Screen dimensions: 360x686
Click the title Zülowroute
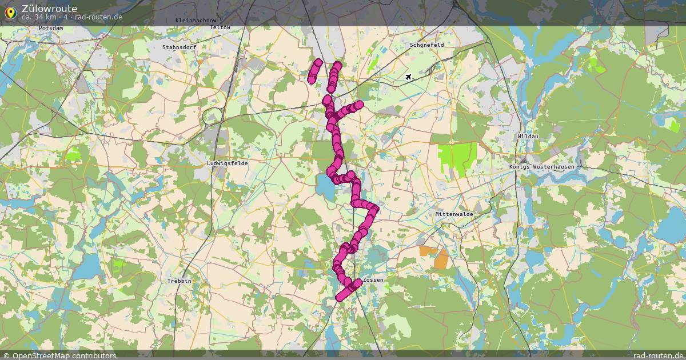[49, 8]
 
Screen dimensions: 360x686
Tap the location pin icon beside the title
[10, 11]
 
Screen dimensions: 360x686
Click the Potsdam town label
[50, 28]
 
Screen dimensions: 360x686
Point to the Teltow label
[220, 27]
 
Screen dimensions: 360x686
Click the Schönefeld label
[427, 45]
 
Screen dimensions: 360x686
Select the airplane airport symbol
[408, 77]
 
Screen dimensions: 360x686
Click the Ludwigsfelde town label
[228, 163]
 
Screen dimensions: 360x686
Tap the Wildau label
[528, 137]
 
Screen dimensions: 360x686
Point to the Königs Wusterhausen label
[541, 166]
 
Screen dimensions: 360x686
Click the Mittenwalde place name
[454, 214]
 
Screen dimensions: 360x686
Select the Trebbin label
[179, 281]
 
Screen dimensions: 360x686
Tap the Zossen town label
[373, 280]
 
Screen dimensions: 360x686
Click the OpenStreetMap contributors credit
[59, 355]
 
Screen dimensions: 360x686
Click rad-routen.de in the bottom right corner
[659, 355]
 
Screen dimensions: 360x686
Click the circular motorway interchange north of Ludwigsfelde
[212, 116]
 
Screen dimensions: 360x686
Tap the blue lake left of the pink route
[325, 185]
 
